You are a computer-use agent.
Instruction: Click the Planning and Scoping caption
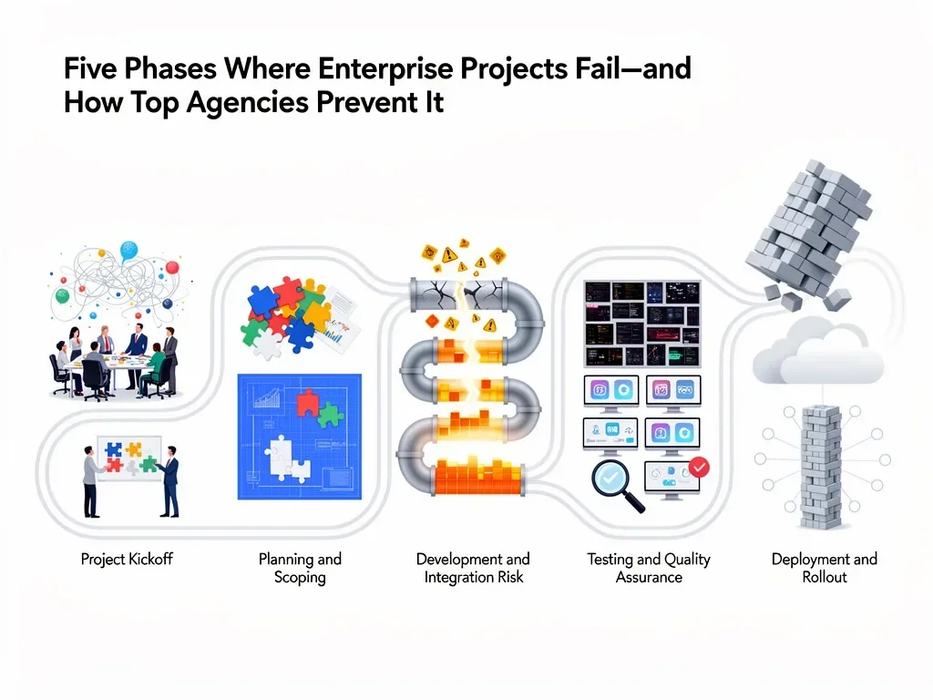(300, 568)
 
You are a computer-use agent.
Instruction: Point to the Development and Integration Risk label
(473, 568)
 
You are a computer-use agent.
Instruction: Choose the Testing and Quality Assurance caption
(649, 568)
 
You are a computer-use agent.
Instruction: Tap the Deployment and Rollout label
(824, 568)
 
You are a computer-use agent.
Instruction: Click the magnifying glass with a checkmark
(612, 480)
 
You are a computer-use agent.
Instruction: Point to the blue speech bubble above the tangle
(128, 250)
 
